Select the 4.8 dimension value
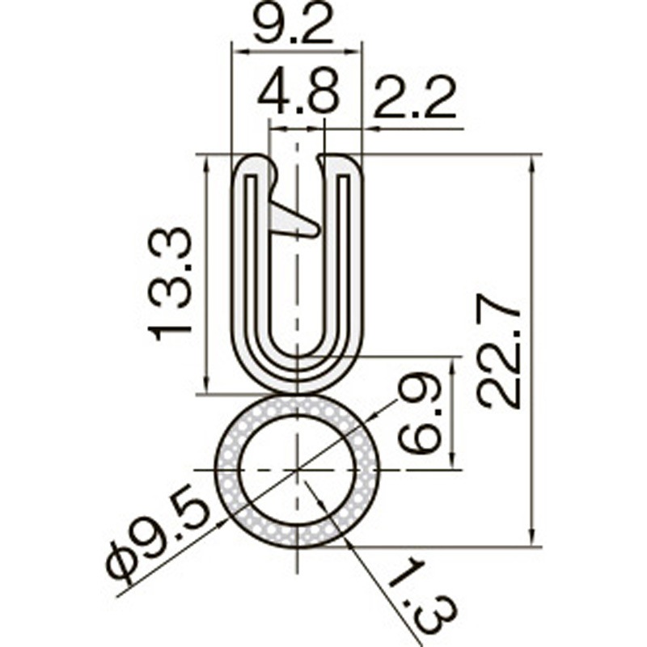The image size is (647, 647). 298,92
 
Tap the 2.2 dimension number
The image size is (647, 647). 416,97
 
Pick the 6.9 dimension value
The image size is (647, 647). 419,413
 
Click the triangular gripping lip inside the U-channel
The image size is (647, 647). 294,219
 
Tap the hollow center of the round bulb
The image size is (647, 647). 297,471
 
